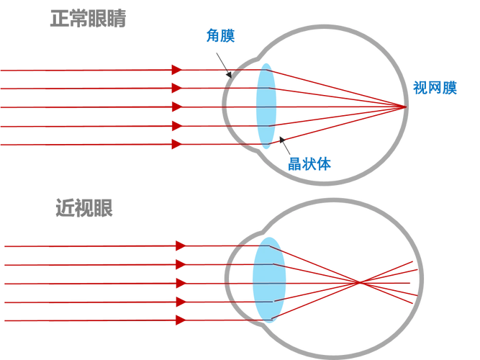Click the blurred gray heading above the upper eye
click(90, 18)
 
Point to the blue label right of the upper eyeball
click(435, 88)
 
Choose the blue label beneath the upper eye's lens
click(310, 164)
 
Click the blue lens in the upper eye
click(266, 106)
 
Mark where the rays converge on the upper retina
click(403, 108)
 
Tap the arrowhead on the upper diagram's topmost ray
click(174, 70)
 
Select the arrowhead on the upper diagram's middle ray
click(174, 108)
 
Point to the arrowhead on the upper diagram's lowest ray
click(174, 145)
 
